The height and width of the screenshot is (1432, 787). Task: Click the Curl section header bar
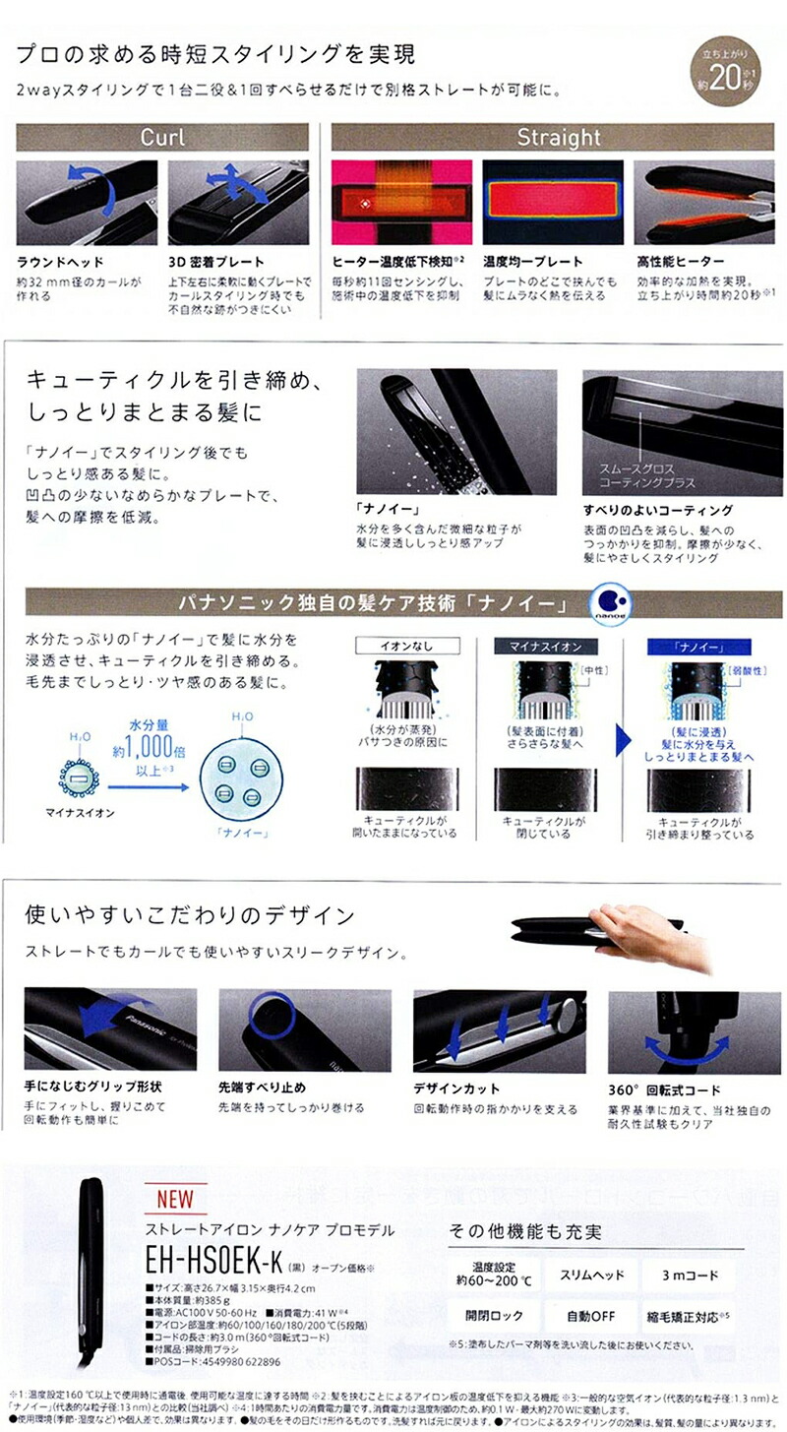coord(162,137)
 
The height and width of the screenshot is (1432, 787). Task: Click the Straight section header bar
coord(558,137)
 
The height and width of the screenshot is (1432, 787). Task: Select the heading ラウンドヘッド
coord(61,262)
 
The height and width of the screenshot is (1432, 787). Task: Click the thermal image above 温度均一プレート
coord(552,202)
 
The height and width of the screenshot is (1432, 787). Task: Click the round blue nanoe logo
coord(609,602)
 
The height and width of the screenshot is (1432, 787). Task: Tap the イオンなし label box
coord(405,646)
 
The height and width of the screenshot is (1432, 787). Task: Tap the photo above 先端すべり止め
coord(304,1030)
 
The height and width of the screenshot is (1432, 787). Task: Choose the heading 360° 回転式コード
coord(664,1090)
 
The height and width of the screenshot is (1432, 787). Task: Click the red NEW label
coord(175,1199)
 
